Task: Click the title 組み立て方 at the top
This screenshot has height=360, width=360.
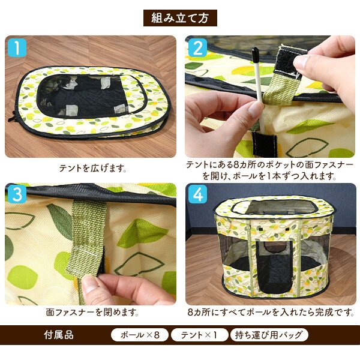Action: [180, 18]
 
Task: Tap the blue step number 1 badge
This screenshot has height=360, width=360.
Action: [17, 48]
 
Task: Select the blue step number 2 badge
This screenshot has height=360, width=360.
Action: [197, 48]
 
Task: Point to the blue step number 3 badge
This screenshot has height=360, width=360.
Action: [17, 194]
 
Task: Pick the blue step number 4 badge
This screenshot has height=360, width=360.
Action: [197, 194]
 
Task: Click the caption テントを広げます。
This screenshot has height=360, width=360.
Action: [93, 168]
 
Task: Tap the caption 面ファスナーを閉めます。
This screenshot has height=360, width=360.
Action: [92, 312]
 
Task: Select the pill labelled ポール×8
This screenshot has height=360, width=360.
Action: [140, 335]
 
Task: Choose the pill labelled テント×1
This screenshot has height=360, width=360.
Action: [199, 335]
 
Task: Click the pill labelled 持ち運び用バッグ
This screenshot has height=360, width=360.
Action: [269, 335]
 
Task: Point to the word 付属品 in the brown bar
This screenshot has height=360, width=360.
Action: [59, 335]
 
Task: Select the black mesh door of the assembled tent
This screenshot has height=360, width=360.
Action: [274, 266]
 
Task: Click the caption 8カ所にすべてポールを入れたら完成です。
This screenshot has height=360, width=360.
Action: [271, 312]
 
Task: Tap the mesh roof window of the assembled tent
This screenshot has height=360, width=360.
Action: [273, 206]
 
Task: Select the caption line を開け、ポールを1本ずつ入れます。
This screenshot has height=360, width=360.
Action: [269, 176]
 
